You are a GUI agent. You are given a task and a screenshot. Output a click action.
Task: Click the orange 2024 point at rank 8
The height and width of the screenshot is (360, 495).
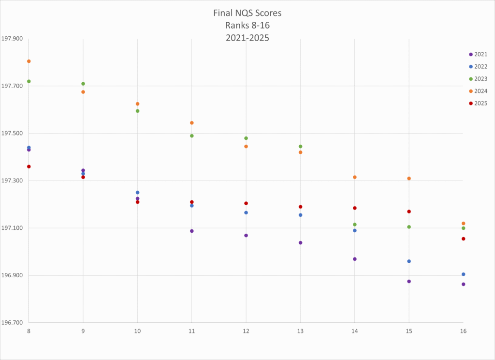tap(29, 61)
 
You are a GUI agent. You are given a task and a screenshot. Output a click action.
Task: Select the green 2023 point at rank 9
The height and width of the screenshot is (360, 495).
tap(83, 84)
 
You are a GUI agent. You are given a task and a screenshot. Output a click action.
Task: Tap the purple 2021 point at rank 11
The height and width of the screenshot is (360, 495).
tap(192, 231)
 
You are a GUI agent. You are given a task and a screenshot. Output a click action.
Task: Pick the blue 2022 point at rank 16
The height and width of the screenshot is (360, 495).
tap(464, 274)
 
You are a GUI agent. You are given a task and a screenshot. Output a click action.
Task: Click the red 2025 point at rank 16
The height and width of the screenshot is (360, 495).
tap(464, 239)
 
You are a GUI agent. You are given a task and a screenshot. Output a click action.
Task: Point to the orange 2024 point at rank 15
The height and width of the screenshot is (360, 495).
tap(409, 179)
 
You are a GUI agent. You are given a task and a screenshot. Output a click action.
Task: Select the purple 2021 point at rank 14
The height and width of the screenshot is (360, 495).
tap(355, 259)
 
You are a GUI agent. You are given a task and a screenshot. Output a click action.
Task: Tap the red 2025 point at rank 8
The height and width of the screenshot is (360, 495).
tap(29, 166)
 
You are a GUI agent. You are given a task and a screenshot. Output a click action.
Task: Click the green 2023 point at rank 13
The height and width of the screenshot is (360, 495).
tap(301, 147)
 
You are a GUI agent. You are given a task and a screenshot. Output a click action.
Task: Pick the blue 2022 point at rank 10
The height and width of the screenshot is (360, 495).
tap(138, 193)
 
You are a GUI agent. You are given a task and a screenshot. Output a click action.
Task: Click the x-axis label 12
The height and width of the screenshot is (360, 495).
tap(246, 331)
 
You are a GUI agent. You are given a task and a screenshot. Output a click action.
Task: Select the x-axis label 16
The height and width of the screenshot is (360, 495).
tap(463, 331)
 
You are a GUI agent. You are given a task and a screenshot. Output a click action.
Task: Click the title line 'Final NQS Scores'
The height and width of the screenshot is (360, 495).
tap(247, 13)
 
